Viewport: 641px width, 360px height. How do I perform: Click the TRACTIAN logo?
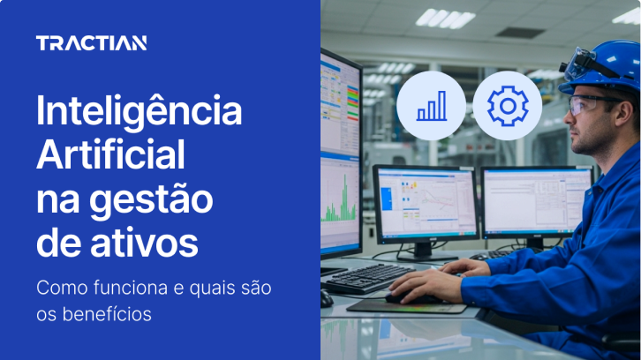91,43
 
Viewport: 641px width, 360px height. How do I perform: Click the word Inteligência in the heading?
139,112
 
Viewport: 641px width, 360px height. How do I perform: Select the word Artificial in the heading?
111,156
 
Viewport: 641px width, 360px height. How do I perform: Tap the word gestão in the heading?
161,200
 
